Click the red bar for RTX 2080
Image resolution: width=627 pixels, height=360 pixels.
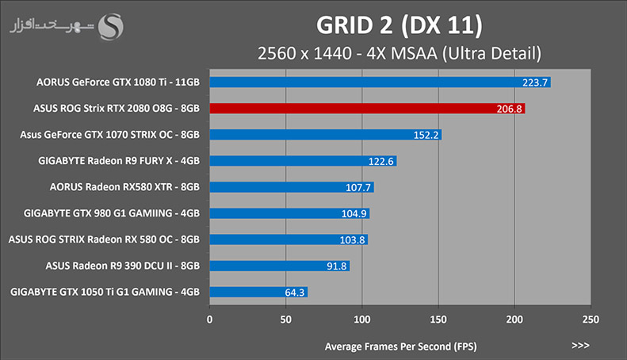(x=367, y=109)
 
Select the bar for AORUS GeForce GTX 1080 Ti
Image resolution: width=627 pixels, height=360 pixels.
(x=380, y=82)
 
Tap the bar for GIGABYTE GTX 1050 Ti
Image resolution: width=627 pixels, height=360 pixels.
(x=258, y=292)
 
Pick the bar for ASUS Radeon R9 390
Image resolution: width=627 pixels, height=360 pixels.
(x=280, y=266)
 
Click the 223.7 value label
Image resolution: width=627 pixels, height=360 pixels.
(x=534, y=82)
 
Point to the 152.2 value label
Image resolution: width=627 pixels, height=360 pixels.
(x=426, y=136)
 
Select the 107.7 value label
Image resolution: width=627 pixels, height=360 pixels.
(x=357, y=187)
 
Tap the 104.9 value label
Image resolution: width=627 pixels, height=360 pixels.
(x=354, y=213)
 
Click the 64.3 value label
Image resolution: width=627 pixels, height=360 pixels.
(x=295, y=293)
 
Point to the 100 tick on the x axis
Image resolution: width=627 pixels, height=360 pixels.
(x=362, y=320)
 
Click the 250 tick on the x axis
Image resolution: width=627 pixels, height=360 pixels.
(x=591, y=320)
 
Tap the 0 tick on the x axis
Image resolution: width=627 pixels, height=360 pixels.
(x=209, y=320)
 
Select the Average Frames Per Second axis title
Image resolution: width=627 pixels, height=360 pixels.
(x=400, y=347)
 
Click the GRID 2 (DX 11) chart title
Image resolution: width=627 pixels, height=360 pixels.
(x=400, y=25)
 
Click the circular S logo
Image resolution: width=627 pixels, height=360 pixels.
(x=111, y=27)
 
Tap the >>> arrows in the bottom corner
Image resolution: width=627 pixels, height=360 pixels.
(x=580, y=345)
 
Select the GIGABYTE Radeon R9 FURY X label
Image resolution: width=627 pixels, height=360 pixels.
(x=119, y=161)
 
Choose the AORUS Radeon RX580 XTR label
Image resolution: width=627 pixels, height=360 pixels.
(x=124, y=187)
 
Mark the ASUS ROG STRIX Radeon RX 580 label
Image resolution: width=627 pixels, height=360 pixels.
(x=104, y=239)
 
